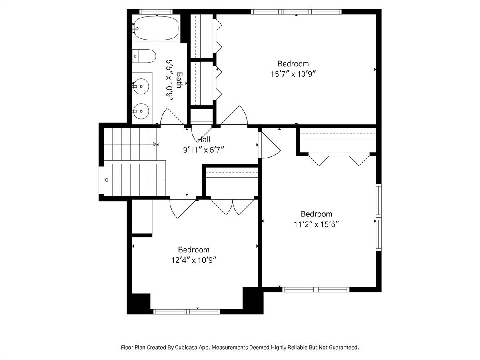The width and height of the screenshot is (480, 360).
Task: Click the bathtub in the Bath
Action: click(156, 28)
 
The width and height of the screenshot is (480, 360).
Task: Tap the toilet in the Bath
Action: click(144, 56)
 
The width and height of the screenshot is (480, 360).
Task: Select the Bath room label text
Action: click(179, 80)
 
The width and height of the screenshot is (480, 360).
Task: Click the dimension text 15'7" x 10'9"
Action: click(293, 74)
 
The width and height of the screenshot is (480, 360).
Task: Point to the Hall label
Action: click(204, 140)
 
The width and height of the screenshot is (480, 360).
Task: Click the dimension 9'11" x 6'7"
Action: click(204, 150)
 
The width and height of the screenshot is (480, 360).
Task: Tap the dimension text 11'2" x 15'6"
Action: click(316, 224)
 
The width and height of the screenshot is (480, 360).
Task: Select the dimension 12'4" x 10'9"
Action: click(194, 260)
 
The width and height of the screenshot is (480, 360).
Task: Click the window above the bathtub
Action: click(156, 12)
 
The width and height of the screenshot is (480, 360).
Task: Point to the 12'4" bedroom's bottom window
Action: click(186, 312)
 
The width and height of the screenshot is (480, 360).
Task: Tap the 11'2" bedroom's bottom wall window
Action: click(316, 290)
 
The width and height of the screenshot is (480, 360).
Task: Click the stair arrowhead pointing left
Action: click(106, 180)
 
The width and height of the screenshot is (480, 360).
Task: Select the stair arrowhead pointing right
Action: click(155, 144)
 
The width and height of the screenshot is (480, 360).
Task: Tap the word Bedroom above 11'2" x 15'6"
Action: click(316, 214)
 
